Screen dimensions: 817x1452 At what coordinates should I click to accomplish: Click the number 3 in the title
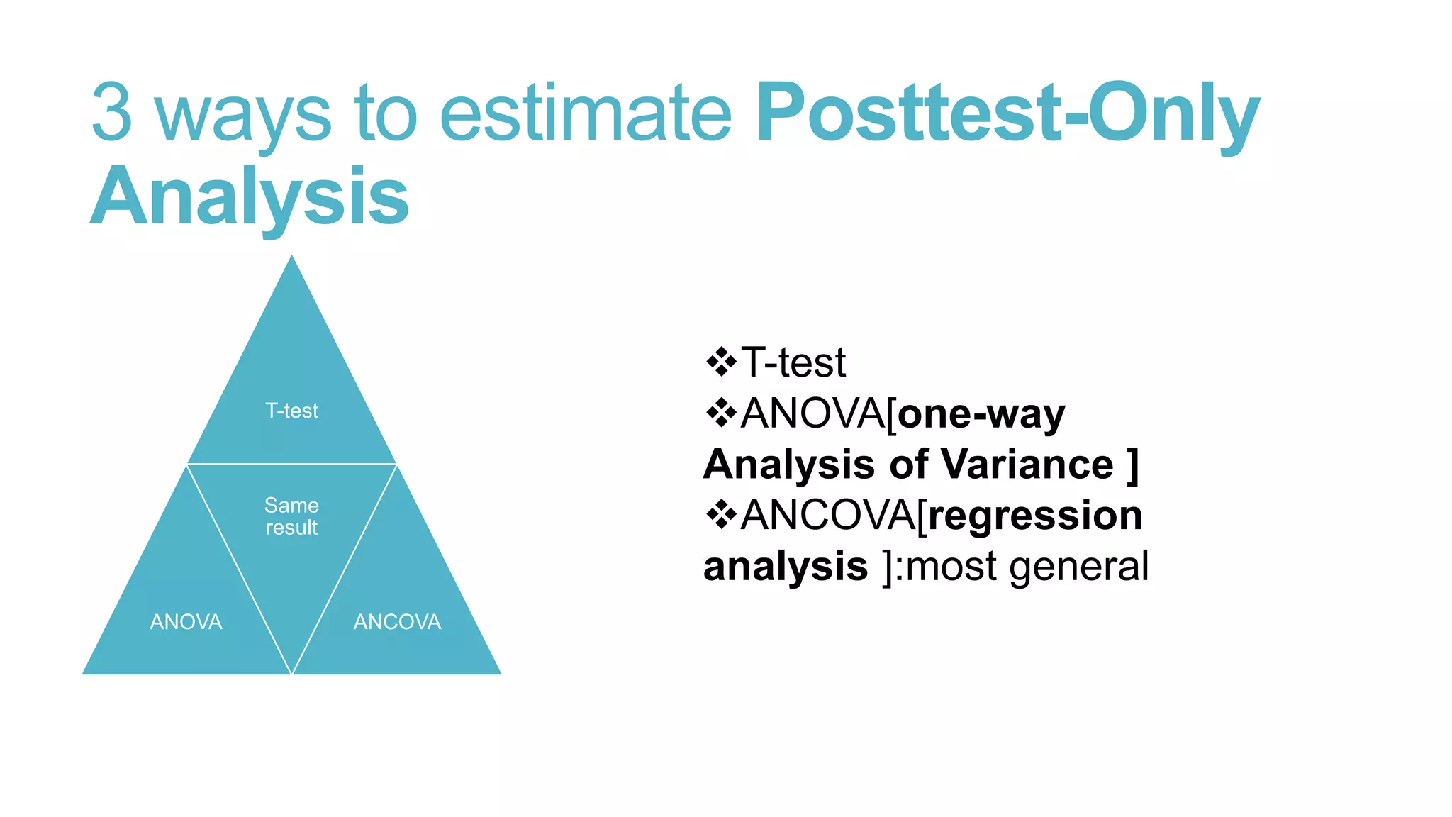112,112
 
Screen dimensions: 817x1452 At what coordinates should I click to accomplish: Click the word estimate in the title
586,112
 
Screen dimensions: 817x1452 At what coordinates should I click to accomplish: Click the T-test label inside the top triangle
291,411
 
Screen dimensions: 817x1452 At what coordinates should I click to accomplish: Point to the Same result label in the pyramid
291,516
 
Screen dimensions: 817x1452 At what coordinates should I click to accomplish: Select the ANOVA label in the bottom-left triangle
186,622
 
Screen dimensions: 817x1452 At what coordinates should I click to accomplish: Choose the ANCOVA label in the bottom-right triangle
397,622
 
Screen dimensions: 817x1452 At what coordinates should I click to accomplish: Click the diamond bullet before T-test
721,362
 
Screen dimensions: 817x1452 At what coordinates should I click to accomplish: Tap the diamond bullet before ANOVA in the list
721,413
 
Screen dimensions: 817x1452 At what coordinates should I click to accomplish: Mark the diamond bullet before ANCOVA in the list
721,515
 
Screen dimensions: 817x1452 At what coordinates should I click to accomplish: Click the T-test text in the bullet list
793,362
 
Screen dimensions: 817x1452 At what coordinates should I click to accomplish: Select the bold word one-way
981,413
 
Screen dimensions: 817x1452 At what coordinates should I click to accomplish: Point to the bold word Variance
1027,465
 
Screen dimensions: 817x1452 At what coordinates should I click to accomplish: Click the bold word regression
1035,516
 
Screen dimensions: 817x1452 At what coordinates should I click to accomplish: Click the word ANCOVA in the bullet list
828,515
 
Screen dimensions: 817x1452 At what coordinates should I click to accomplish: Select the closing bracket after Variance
1132,465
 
